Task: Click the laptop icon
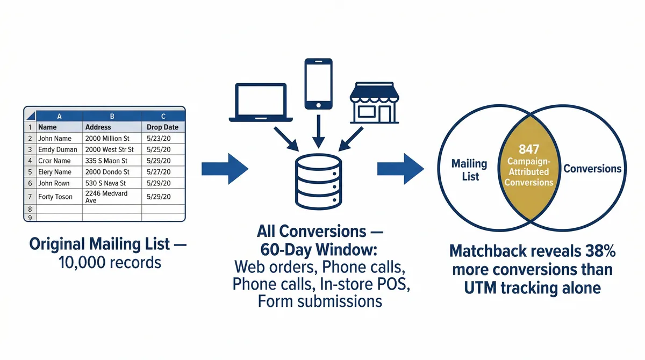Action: tap(261, 103)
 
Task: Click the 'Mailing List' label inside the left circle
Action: tap(469, 169)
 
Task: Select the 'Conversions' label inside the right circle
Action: tap(592, 169)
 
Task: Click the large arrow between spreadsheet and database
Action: tap(225, 169)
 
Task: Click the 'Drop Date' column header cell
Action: tap(162, 127)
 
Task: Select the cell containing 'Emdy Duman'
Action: tap(58, 149)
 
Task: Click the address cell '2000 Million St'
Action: tap(109, 139)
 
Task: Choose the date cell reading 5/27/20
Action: tap(159, 172)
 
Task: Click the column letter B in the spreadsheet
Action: tap(112, 116)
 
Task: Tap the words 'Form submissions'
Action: tap(320, 301)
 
